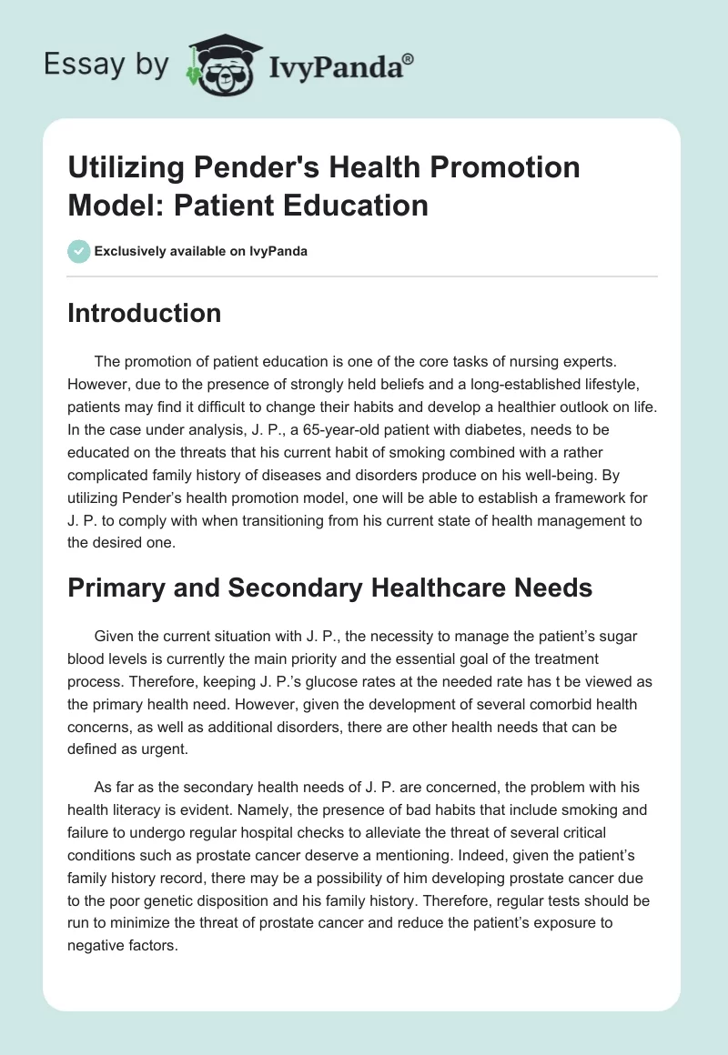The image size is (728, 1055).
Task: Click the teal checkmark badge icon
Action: point(79,251)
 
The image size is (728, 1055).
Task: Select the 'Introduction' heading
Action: point(144,313)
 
